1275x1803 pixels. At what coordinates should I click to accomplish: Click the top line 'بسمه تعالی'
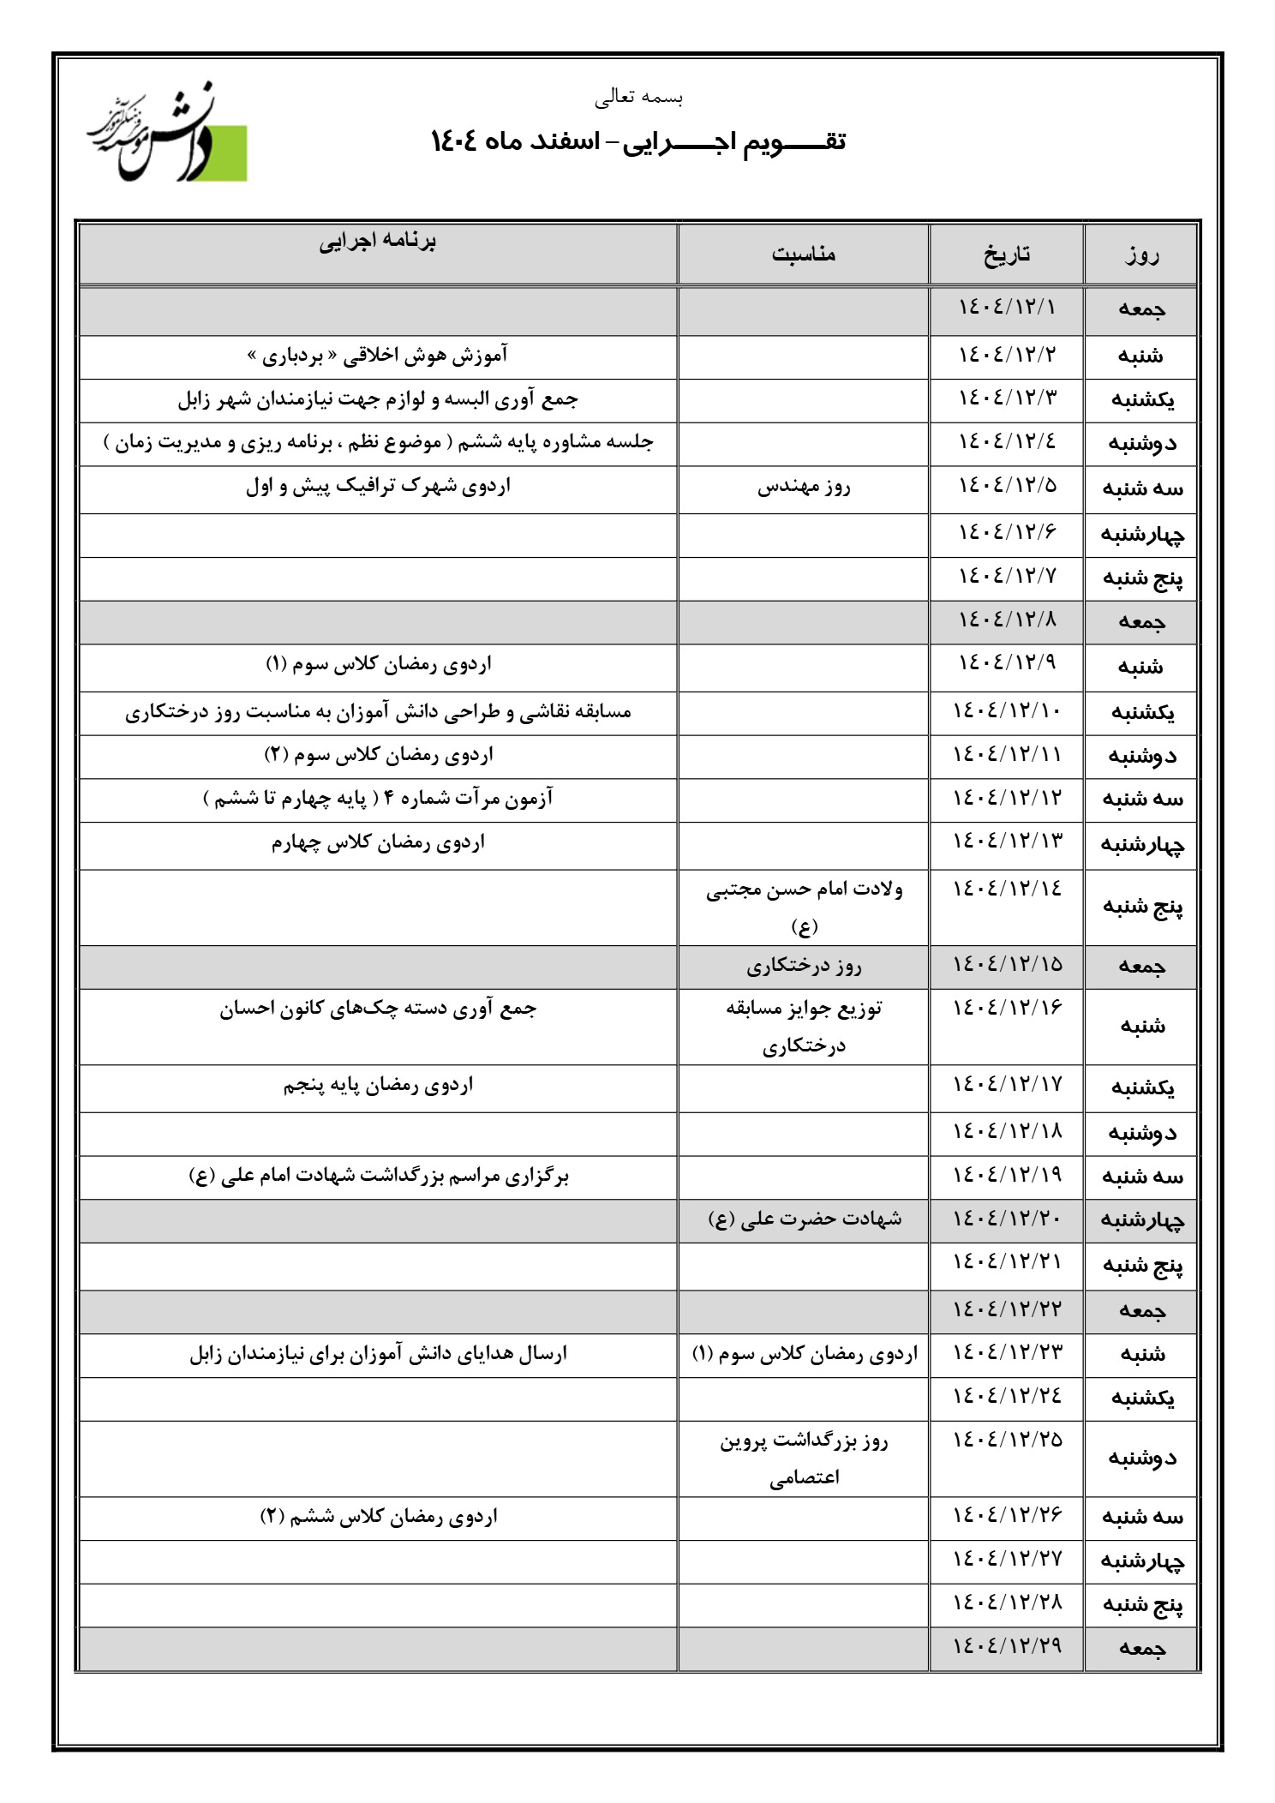[639, 98]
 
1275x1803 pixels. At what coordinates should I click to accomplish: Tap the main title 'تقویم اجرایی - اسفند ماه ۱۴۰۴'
[638, 141]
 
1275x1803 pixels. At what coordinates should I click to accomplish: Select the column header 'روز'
[1140, 254]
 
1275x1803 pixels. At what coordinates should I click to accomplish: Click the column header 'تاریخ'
[1007, 254]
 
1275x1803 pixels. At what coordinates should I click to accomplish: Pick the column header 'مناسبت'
[804, 254]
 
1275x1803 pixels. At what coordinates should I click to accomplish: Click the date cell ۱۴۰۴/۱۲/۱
[1007, 307]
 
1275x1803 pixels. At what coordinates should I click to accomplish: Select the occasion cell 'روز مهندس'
[804, 487]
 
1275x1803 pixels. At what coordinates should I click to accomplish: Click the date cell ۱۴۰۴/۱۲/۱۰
[1007, 710]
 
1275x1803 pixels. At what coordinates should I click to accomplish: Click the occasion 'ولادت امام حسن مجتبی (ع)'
[804, 906]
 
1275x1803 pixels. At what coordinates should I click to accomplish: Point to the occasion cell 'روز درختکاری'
[804, 966]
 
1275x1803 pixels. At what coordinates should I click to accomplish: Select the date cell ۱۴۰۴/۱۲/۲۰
[1007, 1219]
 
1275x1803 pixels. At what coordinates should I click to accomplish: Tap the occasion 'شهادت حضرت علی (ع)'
[804, 1219]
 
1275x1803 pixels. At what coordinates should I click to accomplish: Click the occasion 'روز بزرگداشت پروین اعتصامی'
[804, 1459]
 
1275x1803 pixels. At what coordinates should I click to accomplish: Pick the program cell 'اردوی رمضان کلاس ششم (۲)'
[378, 1517]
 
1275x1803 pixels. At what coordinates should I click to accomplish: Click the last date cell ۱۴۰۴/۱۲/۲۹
[1007, 1644]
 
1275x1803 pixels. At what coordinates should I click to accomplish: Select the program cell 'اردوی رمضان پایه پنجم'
[378, 1086]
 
